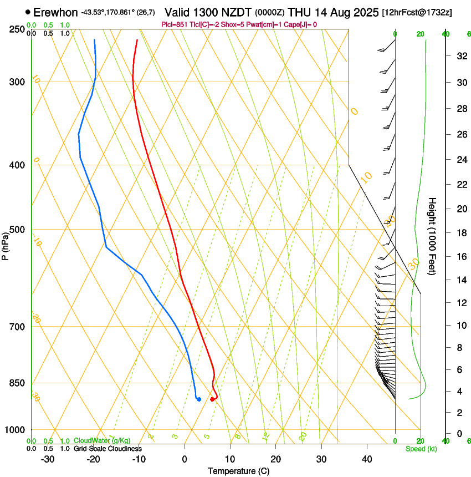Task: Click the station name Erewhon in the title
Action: pos(55,12)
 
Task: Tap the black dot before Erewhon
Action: pos(28,12)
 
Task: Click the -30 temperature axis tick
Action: pos(48,459)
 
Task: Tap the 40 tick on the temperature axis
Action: pos(366,459)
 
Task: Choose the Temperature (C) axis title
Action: pos(238,471)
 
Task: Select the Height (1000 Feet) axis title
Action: pos(432,236)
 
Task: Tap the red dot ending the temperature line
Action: pos(212,399)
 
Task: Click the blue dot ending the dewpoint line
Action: pos(198,399)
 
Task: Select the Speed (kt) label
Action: pos(421,449)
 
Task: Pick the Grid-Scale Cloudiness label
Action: pos(107,448)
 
